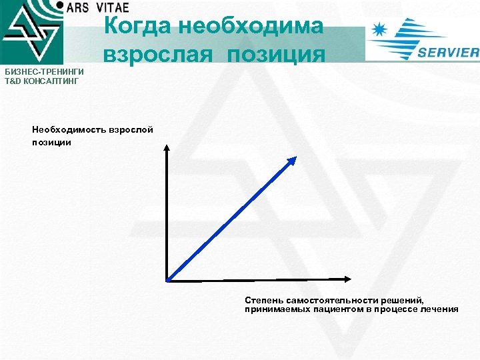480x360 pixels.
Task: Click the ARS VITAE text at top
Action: click(x=97, y=7)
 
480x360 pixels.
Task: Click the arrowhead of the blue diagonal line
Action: click(x=291, y=161)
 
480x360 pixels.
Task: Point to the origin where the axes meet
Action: click(x=167, y=279)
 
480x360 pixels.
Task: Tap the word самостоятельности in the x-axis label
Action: click(x=327, y=301)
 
